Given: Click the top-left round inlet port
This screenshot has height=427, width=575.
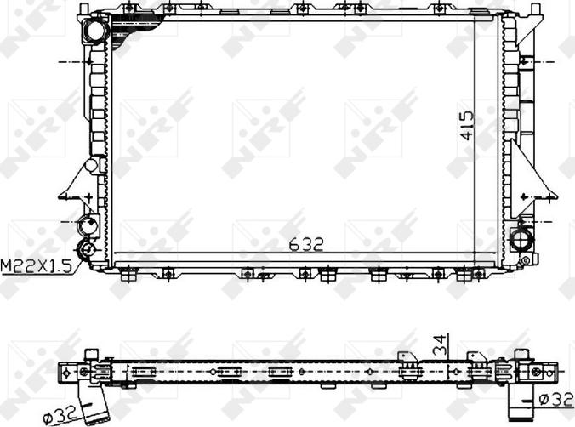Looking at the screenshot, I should (93, 31).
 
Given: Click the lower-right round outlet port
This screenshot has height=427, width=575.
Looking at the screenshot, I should (521, 235).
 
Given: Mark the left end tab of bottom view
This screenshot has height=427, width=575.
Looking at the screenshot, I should (68, 373).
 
